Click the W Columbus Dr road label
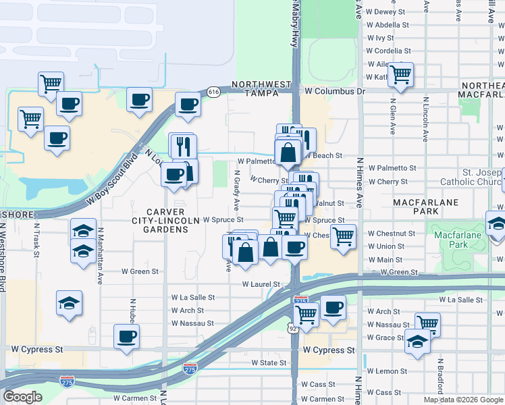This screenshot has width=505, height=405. point(334,90)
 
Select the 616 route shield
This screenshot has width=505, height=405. point(213,92)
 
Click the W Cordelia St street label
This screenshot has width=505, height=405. point(388,51)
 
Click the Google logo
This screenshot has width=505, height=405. point(23,396)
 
